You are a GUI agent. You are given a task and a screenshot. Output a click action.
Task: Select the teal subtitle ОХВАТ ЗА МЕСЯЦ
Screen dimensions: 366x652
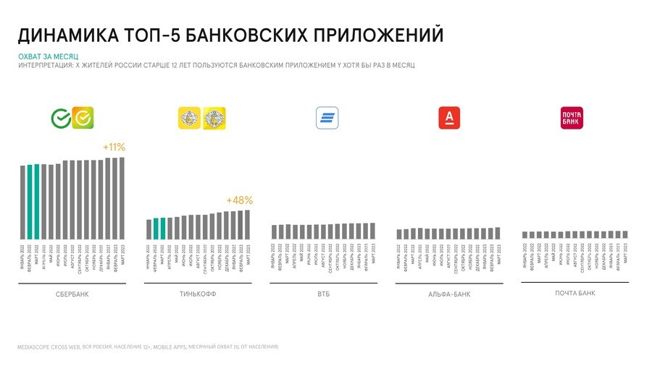tap(48, 56)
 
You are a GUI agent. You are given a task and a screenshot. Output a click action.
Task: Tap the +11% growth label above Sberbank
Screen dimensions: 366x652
tap(114, 148)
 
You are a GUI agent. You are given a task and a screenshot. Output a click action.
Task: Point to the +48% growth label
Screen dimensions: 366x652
tap(238, 200)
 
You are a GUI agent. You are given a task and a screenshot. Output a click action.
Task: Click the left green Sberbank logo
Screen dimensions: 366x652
tap(60, 118)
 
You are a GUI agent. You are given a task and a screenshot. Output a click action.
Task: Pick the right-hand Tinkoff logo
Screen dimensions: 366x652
tap(214, 118)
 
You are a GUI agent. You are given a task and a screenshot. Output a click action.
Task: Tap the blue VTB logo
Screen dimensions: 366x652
tap(327, 118)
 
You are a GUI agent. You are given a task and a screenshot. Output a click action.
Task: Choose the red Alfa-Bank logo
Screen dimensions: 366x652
tap(449, 118)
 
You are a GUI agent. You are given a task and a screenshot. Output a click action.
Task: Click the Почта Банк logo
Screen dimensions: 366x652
tap(572, 118)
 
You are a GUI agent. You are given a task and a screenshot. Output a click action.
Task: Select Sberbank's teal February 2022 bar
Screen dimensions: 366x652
tap(30, 202)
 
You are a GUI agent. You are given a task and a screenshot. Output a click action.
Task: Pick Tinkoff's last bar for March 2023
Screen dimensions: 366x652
tap(246, 224)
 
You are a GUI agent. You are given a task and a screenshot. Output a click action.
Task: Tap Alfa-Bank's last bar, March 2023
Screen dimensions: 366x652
tap(497, 233)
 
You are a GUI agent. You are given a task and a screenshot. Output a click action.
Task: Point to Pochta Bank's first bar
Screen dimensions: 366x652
tap(524, 235)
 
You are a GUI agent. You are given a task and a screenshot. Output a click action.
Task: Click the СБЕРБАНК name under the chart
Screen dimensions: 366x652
tap(72, 294)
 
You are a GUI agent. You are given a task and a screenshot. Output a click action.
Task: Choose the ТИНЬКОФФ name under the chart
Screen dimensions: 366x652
tap(197, 294)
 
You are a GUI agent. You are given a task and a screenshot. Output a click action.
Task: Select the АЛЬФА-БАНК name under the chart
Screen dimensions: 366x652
tap(449, 295)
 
